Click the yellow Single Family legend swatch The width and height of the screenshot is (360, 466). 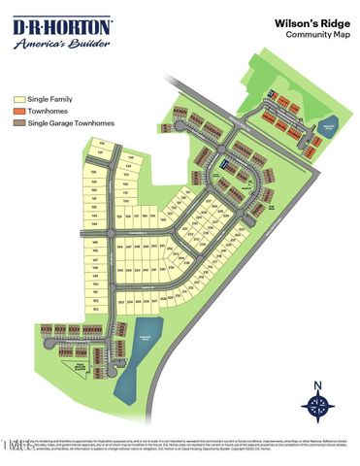pos(18,99)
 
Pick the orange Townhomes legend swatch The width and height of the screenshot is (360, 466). pos(18,111)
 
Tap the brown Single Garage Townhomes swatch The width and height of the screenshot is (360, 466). pos(18,123)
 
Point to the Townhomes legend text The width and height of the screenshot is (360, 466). pos(45,111)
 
